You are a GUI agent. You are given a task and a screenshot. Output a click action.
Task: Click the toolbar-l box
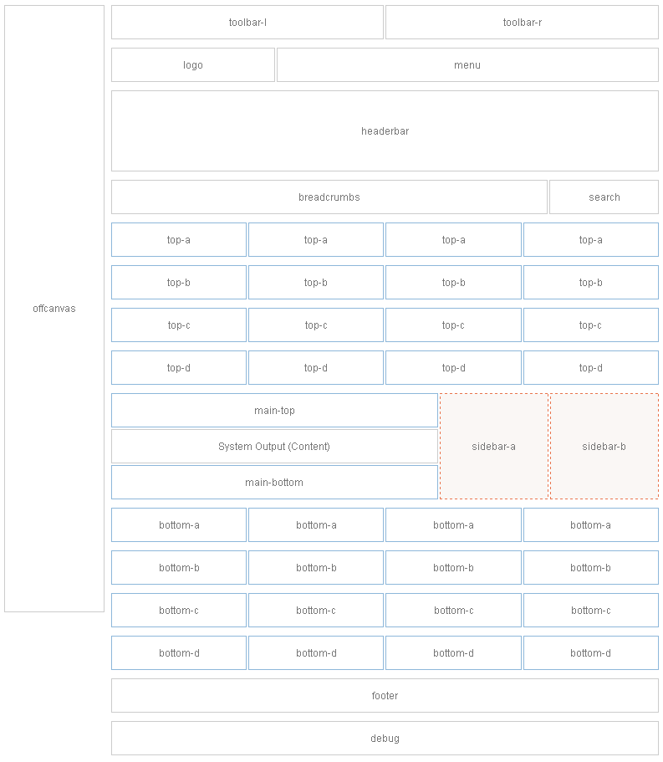pyautogui.click(x=247, y=23)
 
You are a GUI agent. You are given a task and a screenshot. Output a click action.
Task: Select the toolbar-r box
pyautogui.click(x=523, y=23)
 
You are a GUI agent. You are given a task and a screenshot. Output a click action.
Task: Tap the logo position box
pyautogui.click(x=193, y=65)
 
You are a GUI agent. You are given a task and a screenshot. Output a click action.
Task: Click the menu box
pyautogui.click(x=467, y=65)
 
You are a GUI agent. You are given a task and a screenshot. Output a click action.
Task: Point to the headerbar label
pyautogui.click(x=385, y=131)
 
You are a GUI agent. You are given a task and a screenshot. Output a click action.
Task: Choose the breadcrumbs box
pyautogui.click(x=329, y=197)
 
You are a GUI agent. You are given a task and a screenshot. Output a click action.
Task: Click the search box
pyautogui.click(x=604, y=197)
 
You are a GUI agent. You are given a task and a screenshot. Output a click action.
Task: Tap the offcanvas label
pyautogui.click(x=54, y=309)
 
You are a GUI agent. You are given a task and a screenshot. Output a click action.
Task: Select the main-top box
pyautogui.click(x=274, y=411)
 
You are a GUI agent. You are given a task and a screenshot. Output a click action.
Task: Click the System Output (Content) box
pyautogui.click(x=274, y=447)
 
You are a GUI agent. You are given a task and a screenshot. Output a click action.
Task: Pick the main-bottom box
pyautogui.click(x=274, y=483)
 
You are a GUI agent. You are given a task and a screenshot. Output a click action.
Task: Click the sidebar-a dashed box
pyautogui.click(x=494, y=447)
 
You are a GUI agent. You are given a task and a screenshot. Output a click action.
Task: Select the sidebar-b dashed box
pyautogui.click(x=604, y=447)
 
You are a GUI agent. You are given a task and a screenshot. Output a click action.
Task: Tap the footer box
pyautogui.click(x=385, y=696)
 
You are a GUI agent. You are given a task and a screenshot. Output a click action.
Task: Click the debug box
pyautogui.click(x=385, y=739)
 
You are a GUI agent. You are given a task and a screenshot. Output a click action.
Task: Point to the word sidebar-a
pyautogui.click(x=494, y=447)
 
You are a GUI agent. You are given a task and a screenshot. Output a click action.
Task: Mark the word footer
pyautogui.click(x=385, y=696)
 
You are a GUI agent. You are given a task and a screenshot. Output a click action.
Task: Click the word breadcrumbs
pyautogui.click(x=329, y=197)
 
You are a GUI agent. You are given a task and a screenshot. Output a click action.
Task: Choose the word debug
pyautogui.click(x=385, y=739)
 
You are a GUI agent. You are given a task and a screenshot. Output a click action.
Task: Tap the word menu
pyautogui.click(x=467, y=65)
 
